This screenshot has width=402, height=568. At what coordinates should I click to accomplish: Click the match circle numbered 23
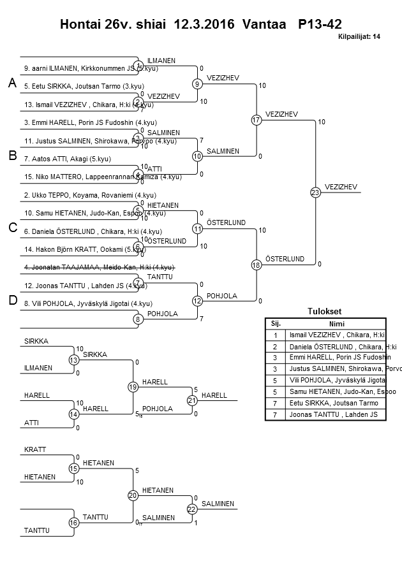[x=315, y=192]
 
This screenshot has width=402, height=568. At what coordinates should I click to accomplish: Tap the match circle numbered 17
[x=257, y=119]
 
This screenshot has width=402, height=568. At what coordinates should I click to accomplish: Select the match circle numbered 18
[x=257, y=265]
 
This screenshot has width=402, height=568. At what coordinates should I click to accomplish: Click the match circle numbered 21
[x=192, y=400]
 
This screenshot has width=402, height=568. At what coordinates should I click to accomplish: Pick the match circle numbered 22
[x=192, y=509]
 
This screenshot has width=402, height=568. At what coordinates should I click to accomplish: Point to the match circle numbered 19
[x=133, y=387]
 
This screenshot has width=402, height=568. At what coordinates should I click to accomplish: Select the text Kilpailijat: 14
[x=359, y=37]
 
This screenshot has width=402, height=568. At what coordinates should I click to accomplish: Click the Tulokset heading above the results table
[x=325, y=311]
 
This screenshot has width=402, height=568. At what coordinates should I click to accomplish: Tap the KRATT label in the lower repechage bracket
[x=35, y=449]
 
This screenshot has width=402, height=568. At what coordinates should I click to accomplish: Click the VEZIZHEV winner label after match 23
[x=341, y=186]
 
